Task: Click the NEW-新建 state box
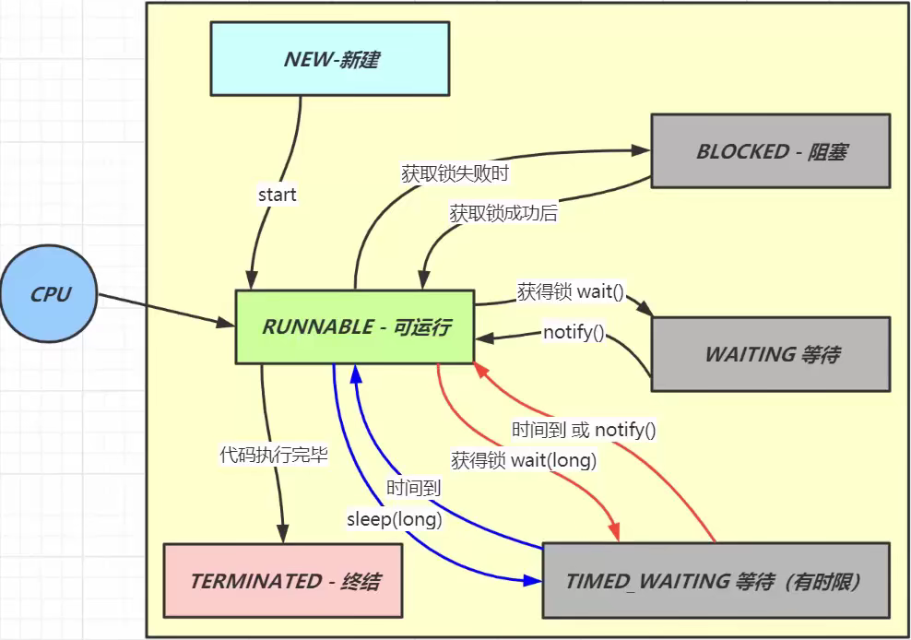[x=329, y=59]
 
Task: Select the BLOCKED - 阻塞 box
[x=770, y=151]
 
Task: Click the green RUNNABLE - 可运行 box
[x=355, y=326]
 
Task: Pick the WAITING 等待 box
[x=770, y=354]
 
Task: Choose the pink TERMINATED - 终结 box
[x=283, y=580]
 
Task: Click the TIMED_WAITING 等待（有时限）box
[x=716, y=580]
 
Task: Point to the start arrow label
[x=277, y=195]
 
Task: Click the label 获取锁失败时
[x=455, y=172]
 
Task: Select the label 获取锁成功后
[x=503, y=213]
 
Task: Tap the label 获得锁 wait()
[x=570, y=293]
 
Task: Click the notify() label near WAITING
[x=574, y=333]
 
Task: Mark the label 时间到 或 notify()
[x=584, y=430]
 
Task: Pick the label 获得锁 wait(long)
[x=524, y=459]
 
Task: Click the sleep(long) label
[x=394, y=519]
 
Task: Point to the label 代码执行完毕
[x=273, y=455]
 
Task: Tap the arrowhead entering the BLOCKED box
[x=641, y=150]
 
